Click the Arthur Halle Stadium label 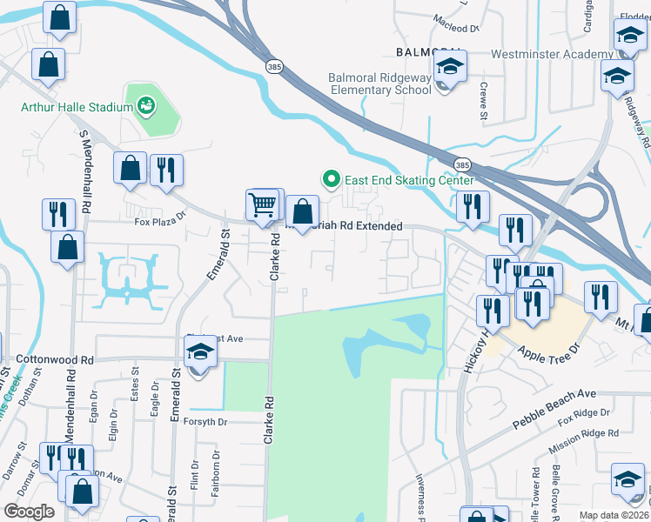click(x=77, y=108)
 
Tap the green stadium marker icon click(x=146, y=107)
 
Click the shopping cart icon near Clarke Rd click(x=262, y=205)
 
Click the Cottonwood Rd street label click(x=54, y=359)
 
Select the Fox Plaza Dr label click(x=161, y=221)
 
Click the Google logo click(x=30, y=512)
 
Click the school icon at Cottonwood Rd click(x=200, y=353)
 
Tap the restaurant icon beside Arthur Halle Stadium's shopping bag click(x=166, y=169)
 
